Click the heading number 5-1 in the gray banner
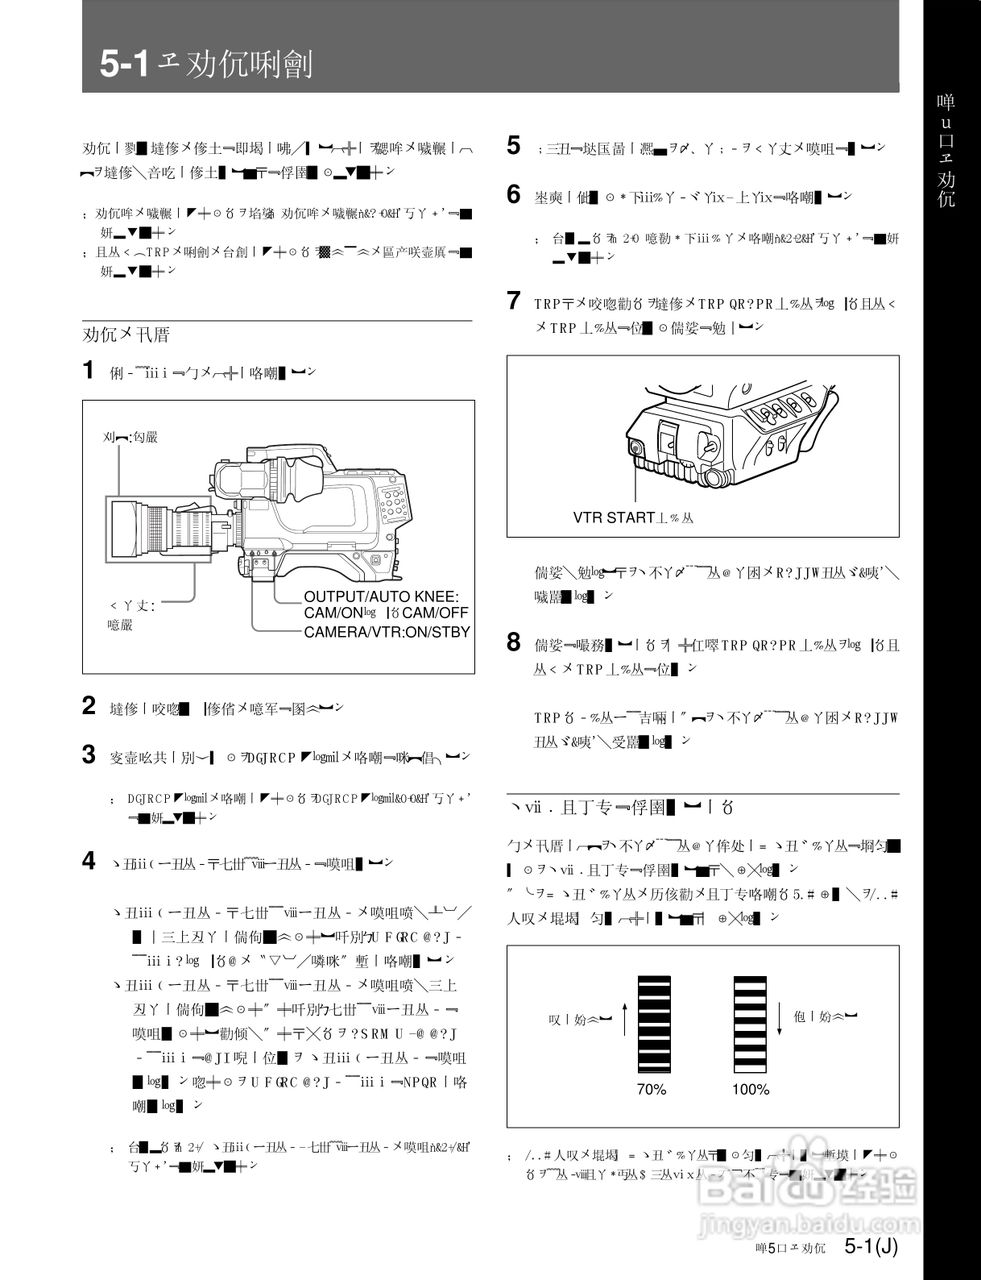click(124, 64)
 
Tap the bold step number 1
click(89, 371)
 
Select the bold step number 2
click(89, 706)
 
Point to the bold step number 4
click(89, 860)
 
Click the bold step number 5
click(513, 146)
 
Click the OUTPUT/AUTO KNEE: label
click(380, 596)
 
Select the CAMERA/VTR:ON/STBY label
click(386, 632)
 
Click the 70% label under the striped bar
click(652, 1089)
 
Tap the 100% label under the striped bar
click(750, 1089)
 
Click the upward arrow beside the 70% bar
click(625, 1021)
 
